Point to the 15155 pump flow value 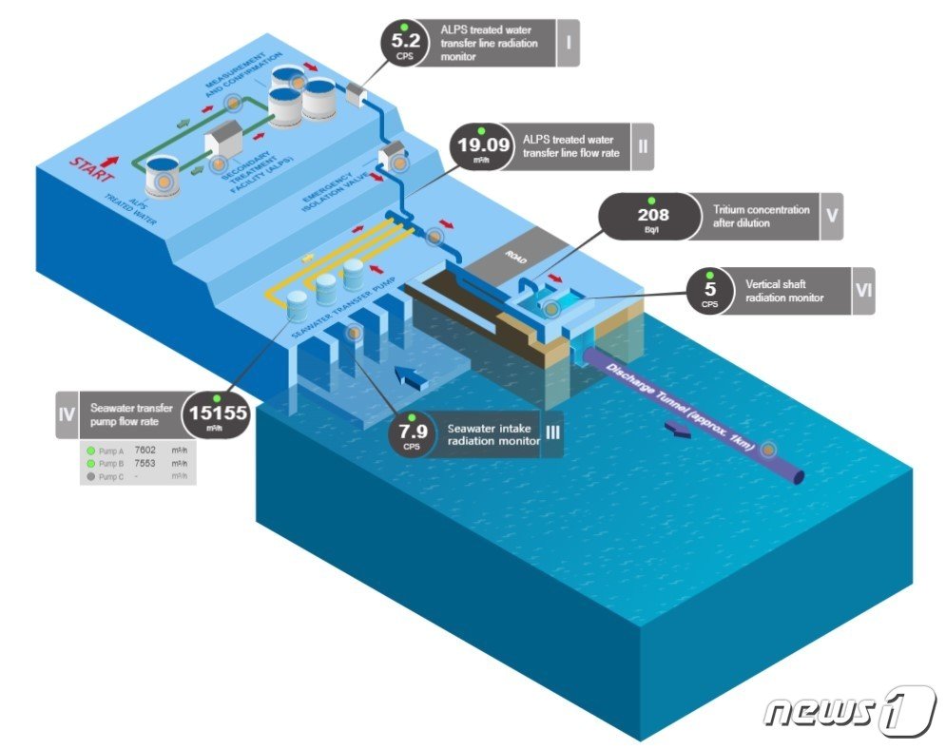point(218,413)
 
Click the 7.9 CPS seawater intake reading point(411,433)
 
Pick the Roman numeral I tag point(568,43)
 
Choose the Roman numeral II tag point(643,146)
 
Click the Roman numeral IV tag point(67,413)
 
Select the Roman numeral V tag point(831,216)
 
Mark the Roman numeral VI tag point(862,291)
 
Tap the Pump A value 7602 point(145,450)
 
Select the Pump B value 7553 point(145,463)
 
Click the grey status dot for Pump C point(91,476)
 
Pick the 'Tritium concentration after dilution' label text point(761,216)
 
